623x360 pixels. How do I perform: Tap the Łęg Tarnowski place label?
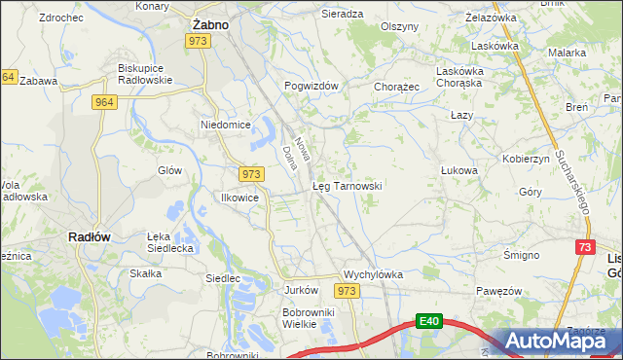pos(346,185)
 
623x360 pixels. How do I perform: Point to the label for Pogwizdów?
pos(311,86)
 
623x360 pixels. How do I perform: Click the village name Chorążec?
pos(396,86)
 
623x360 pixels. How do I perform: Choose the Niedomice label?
pos(226,125)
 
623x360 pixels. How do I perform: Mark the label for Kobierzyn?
pos(527,158)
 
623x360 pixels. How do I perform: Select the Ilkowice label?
pos(238,196)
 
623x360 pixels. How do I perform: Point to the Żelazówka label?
pos(491,18)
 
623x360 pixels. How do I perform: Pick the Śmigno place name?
pos(522,255)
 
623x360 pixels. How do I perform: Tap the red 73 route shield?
pos(584,248)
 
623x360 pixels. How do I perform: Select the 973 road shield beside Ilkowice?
pos(251,173)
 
